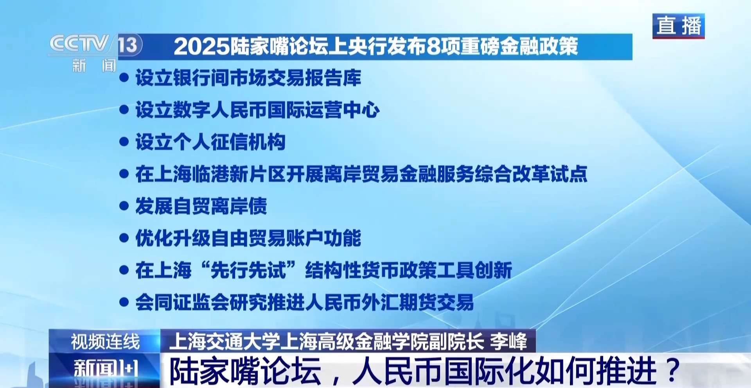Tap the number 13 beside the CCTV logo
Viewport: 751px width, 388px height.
pyautogui.click(x=128, y=44)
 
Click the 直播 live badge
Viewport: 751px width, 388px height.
pyautogui.click(x=678, y=26)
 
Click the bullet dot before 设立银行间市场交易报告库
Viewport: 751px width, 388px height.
pyautogui.click(x=124, y=77)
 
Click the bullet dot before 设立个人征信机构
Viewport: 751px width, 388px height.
pyautogui.click(x=124, y=142)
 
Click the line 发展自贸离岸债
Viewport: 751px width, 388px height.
pyautogui.click(x=201, y=206)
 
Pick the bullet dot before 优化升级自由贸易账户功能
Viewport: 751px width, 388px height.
pyautogui.click(x=124, y=238)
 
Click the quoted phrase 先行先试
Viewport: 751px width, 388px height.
pyautogui.click(x=248, y=270)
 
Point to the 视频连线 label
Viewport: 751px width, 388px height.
pyautogui.click(x=105, y=342)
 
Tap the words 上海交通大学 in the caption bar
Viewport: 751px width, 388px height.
pyautogui.click(x=224, y=342)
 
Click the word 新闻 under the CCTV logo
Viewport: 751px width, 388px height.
pyautogui.click(x=94, y=65)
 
